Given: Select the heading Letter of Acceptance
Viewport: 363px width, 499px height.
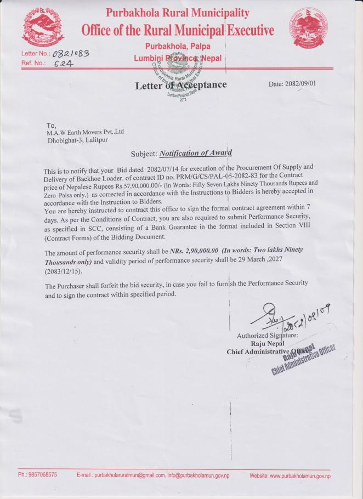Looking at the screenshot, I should (x=181, y=86).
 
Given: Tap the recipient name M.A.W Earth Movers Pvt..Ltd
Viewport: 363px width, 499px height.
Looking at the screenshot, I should (x=86, y=132).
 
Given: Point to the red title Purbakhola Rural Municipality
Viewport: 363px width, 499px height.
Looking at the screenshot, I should (x=177, y=13).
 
